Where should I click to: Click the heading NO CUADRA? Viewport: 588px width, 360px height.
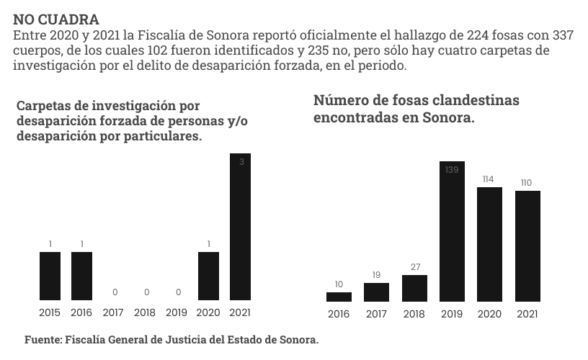56,19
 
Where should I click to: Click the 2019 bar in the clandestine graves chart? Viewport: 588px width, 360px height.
452,231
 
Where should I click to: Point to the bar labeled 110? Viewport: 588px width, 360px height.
527,246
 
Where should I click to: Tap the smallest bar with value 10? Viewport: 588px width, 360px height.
339,296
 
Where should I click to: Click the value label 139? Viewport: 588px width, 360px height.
452,170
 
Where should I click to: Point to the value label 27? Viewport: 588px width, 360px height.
414,266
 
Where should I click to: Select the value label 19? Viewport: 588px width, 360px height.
376,274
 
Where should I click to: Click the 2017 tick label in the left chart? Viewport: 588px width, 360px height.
113,313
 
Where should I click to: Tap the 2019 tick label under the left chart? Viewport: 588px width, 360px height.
177,313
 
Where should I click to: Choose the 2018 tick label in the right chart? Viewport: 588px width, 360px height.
414,314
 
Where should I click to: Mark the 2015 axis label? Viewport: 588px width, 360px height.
50,313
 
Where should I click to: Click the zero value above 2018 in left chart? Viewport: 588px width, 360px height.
145,292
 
